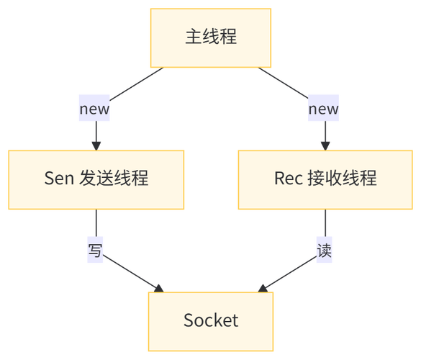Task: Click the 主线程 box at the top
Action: pos(210,37)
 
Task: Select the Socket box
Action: pos(210,320)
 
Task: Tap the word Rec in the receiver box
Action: pos(289,178)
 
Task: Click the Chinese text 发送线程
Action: pos(114,178)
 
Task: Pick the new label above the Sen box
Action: pos(95,109)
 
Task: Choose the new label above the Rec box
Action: pos(324,109)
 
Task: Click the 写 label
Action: pos(95,251)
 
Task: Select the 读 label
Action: pos(325,251)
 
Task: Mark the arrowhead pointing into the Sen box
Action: pos(96,143)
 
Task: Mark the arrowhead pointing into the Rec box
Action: pos(325,143)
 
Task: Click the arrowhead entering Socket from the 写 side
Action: pos(158,287)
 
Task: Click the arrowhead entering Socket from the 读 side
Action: pos(264,287)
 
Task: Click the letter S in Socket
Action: pos(188,320)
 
